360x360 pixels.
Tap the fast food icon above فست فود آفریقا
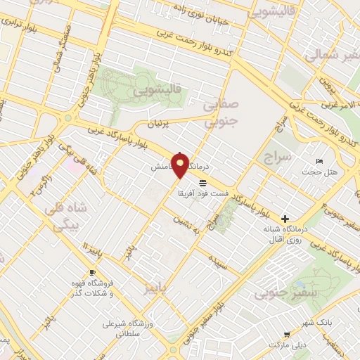click(202, 182)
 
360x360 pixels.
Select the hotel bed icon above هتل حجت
click(320, 162)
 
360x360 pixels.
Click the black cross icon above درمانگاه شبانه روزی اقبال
click(285, 219)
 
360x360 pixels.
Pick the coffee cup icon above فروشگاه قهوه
click(91, 272)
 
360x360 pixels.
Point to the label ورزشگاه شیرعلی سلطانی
click(127, 330)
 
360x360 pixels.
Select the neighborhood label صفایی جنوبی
click(221, 112)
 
